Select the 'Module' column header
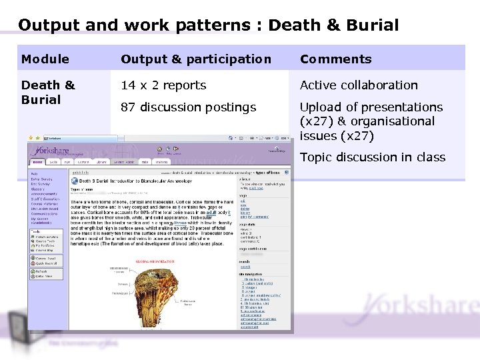click(45, 59)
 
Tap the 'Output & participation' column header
click(196, 59)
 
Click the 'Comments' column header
click(336, 59)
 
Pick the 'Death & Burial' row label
click(48, 92)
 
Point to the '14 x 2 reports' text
click(163, 85)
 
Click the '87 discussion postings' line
click(188, 107)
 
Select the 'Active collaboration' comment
click(359, 85)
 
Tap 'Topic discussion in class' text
click(373, 157)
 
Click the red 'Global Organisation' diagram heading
click(155, 261)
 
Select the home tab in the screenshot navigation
click(37, 162)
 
